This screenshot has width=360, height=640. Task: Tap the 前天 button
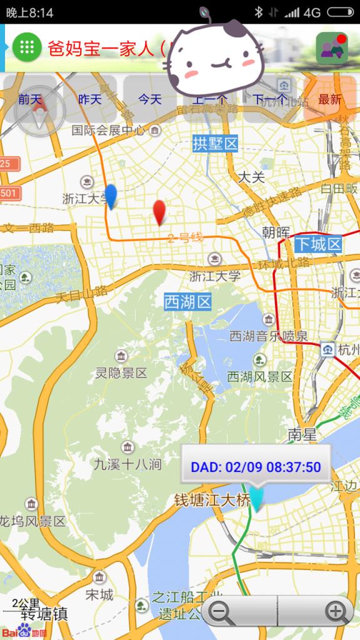click(x=29, y=99)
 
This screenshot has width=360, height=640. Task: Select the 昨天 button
click(x=90, y=99)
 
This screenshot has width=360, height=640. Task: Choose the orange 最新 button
click(x=330, y=99)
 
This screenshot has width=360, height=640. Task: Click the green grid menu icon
click(x=27, y=47)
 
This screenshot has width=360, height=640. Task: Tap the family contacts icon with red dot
click(x=332, y=48)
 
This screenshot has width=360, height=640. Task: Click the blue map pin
click(x=111, y=196)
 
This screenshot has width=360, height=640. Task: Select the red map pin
click(x=160, y=212)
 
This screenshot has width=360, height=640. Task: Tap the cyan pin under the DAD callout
click(x=256, y=498)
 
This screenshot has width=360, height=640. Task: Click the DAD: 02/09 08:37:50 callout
click(x=256, y=466)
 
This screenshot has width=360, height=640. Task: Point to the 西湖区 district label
click(x=188, y=302)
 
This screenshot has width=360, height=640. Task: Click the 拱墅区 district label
click(x=216, y=144)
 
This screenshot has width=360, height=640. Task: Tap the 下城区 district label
click(x=318, y=244)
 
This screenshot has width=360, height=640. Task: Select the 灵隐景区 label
click(x=121, y=373)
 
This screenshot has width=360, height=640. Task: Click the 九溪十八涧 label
click(x=127, y=464)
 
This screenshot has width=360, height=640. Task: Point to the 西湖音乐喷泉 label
click(x=269, y=336)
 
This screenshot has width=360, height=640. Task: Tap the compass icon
click(x=39, y=111)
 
